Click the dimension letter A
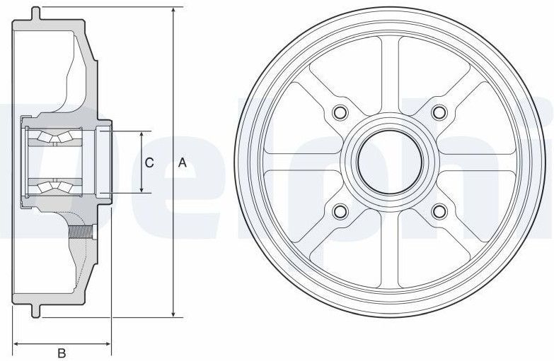[x=182, y=162]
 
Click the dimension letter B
[x=62, y=352]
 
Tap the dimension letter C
[x=149, y=162]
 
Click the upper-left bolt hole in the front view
[x=339, y=112]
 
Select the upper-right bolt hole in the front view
[x=439, y=112]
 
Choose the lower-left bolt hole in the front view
[x=339, y=211]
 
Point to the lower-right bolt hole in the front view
[x=439, y=211]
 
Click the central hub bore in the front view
[x=388, y=162]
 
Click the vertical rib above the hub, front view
[x=388, y=78]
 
